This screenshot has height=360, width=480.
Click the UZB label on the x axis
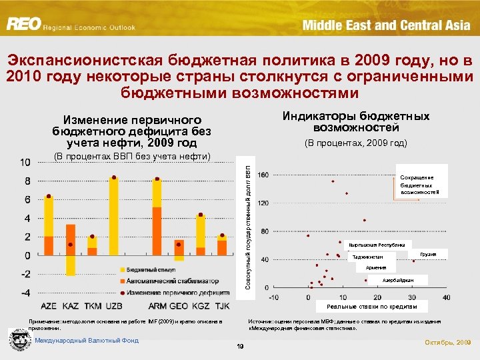114,306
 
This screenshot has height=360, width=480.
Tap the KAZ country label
70,306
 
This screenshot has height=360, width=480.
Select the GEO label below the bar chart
178,306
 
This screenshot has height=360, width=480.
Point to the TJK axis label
222,306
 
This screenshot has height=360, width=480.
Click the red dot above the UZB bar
114,177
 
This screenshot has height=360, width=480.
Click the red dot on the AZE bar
49,196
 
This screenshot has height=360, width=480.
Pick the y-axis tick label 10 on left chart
24,163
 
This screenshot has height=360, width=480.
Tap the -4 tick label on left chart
23,293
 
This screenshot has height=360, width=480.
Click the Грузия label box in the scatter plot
429,254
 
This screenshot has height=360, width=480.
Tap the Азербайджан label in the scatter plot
398,279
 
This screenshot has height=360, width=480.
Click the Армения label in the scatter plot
375,267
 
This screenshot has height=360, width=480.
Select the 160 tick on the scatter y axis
263,175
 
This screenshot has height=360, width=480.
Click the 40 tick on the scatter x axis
446,297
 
